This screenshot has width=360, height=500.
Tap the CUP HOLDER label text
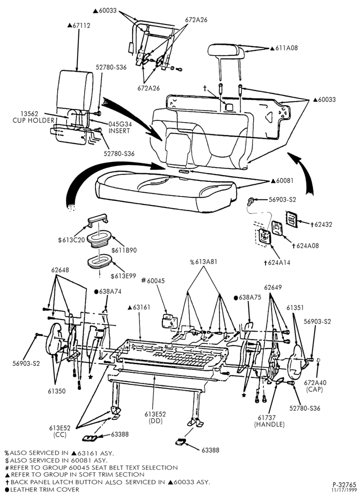(33, 120)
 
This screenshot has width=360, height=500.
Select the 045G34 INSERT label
(119, 127)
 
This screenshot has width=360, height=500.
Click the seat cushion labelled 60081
(166, 191)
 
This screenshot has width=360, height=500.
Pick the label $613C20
(71, 240)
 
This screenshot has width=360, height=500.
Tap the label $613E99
(123, 276)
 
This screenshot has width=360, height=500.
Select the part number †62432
(321, 224)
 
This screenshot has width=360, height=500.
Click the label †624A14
(277, 263)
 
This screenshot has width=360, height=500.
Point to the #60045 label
(152, 280)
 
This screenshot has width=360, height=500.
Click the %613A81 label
(203, 262)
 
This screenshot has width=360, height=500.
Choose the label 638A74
(108, 291)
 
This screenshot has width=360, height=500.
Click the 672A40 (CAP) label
(315, 386)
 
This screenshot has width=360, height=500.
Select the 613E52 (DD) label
(155, 417)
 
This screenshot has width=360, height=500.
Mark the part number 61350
(57, 391)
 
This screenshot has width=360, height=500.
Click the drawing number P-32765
(342, 485)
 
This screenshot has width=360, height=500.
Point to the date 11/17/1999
(343, 490)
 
